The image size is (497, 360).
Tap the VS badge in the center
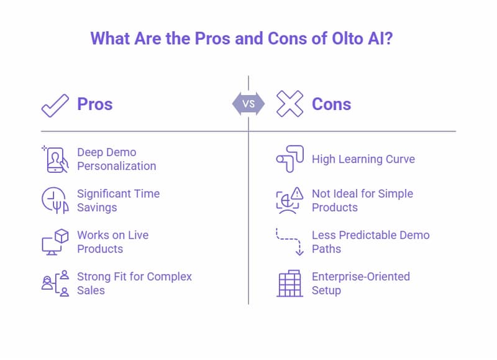(248, 104)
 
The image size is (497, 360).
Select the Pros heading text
(94, 104)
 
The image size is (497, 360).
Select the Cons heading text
(331, 104)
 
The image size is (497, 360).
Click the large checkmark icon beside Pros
(55, 104)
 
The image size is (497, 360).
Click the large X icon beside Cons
(290, 104)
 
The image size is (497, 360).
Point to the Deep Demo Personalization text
(116, 159)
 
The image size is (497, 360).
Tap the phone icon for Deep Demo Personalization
(55, 159)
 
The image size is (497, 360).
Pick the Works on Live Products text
(112, 242)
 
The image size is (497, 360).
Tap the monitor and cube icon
(55, 242)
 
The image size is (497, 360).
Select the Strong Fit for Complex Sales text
(134, 283)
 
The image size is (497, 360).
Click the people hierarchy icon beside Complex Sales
(55, 283)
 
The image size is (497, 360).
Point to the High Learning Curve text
(363, 159)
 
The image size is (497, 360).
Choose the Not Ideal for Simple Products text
(362, 200)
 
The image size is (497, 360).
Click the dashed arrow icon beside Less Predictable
(290, 242)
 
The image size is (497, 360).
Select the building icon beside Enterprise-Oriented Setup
(290, 283)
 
